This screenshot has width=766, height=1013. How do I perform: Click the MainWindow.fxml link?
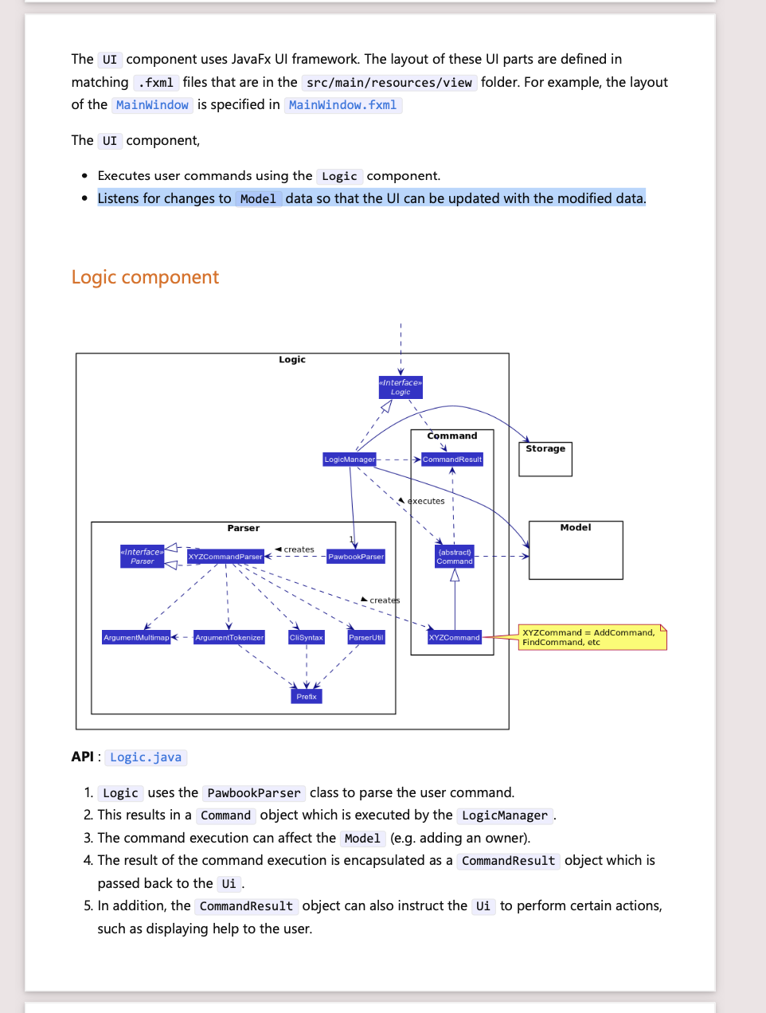point(342,105)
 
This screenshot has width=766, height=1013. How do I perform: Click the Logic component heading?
point(145,277)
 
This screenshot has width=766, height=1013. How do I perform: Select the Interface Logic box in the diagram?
point(401,387)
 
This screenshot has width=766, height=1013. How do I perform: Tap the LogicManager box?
point(350,460)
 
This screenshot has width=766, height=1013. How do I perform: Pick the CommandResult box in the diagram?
point(452,460)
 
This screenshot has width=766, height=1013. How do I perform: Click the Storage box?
point(545,459)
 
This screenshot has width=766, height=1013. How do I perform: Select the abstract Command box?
point(455,557)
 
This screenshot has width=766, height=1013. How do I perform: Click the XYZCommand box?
point(455,637)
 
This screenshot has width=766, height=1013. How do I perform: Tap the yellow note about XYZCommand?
point(592,637)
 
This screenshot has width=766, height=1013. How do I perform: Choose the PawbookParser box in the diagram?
point(356,557)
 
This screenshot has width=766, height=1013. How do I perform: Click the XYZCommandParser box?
point(225,557)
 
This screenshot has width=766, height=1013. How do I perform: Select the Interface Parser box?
point(143,557)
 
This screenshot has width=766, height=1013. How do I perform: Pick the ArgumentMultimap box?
point(136,637)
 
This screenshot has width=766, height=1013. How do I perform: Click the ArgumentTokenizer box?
point(229,637)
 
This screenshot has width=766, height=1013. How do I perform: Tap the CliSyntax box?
point(307,637)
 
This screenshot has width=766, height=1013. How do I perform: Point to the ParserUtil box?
point(366,637)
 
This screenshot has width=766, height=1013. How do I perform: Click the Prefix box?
point(307,696)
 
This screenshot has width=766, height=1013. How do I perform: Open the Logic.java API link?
point(146,757)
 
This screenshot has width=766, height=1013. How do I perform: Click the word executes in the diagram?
point(426,501)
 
